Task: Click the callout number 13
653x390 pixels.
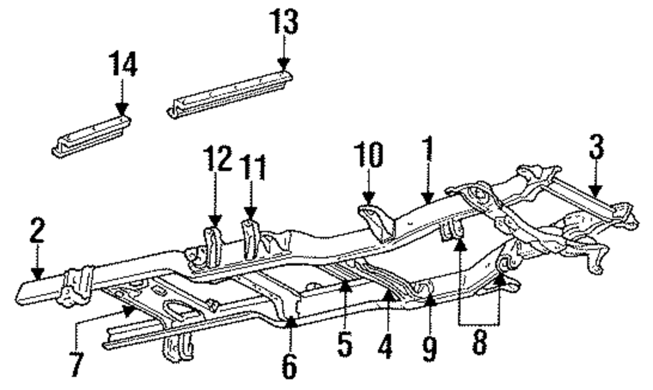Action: [283, 23]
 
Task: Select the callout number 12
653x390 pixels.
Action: [217, 158]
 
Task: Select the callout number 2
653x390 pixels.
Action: [37, 232]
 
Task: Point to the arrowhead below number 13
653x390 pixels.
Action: [283, 64]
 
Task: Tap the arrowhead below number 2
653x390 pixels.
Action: [38, 275]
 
